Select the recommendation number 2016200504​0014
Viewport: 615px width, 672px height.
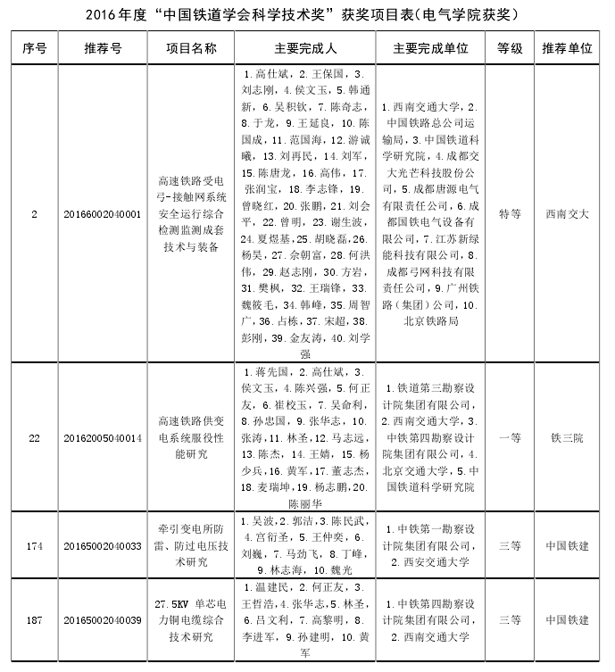103,437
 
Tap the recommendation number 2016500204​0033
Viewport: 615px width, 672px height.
103,545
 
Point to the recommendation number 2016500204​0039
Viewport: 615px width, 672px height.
103,619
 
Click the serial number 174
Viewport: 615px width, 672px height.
34,545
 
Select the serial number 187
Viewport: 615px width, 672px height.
34,619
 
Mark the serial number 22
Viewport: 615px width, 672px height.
34,437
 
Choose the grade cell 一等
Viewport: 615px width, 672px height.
510,437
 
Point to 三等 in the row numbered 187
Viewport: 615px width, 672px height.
510,619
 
